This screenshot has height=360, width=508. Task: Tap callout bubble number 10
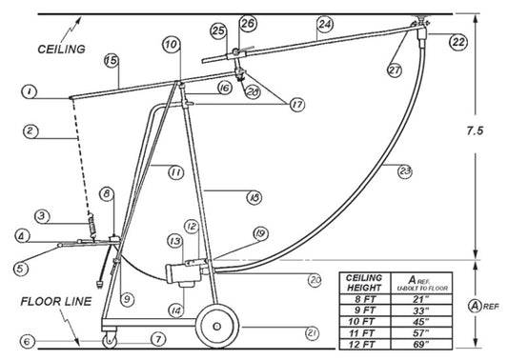[171, 44]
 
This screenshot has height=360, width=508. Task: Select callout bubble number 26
[248, 23]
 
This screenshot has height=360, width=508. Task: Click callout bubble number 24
[325, 23]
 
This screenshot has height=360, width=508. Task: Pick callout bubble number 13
[175, 241]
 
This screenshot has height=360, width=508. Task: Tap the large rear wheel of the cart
[218, 325]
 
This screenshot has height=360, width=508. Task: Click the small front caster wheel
[111, 338]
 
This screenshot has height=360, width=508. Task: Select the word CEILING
[60, 47]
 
